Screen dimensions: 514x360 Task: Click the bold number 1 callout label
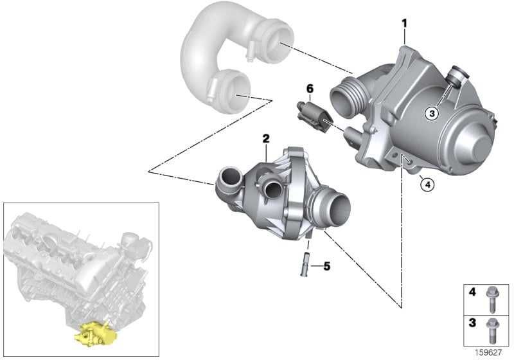405,24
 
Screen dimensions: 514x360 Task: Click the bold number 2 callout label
266,138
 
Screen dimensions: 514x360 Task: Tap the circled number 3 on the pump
432,113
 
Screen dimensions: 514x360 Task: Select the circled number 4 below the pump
427,185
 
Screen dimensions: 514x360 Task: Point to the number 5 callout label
326,266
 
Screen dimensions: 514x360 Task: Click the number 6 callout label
310,89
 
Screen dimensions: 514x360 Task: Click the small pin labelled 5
303,264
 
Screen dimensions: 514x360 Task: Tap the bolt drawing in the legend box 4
492,300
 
